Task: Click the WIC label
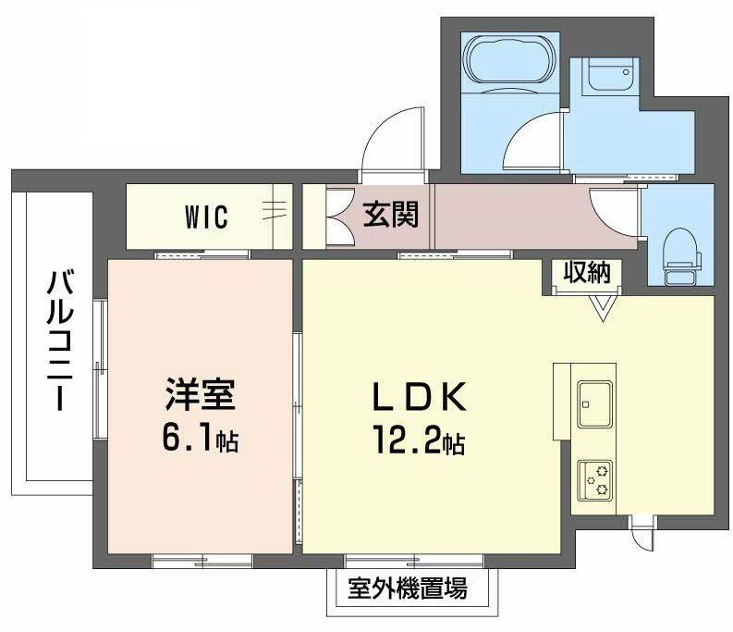[x=206, y=217]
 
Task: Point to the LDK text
[x=419, y=397]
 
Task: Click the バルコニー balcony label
[x=60, y=341]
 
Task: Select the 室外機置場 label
[x=407, y=589]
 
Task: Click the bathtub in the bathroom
[x=510, y=62]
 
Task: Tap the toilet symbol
[x=682, y=256]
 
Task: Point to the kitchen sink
[x=594, y=404]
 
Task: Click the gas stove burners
[x=594, y=480]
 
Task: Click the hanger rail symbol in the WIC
[x=275, y=210]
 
